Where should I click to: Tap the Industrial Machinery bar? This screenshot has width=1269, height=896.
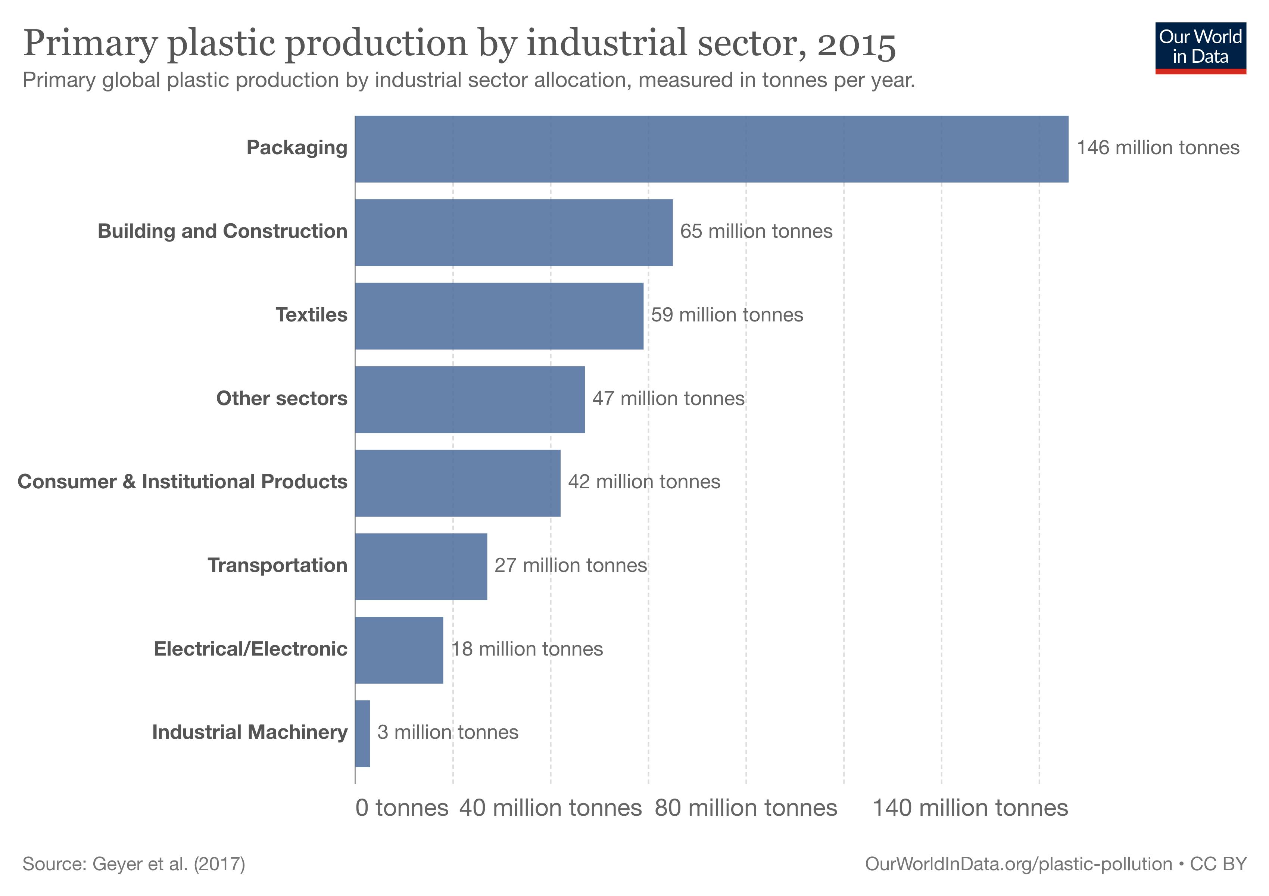(362, 734)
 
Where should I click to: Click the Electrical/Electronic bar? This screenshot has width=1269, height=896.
(399, 650)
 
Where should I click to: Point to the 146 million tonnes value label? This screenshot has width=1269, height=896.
(1157, 147)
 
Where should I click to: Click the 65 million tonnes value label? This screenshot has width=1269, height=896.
(755, 231)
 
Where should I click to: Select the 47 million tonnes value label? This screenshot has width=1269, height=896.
(668, 398)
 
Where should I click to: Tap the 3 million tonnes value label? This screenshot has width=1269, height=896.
(448, 732)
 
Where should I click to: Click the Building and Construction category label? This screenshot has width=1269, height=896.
(222, 231)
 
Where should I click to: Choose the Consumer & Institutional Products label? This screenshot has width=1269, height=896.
(183, 482)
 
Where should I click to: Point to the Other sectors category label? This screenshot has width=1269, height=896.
(281, 398)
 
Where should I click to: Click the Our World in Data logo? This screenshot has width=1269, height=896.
(1200, 47)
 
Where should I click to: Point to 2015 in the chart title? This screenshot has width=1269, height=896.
(856, 44)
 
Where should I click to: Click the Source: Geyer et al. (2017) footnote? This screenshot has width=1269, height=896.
(134, 864)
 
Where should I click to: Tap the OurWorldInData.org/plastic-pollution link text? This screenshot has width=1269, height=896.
(1018, 864)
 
